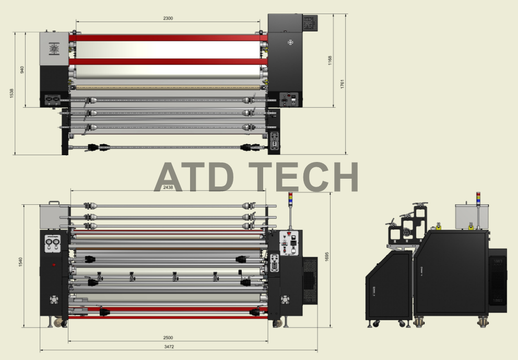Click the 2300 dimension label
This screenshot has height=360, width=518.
(x=168, y=18)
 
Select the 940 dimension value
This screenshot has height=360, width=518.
(x=22, y=69)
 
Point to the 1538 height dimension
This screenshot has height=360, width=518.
(x=12, y=93)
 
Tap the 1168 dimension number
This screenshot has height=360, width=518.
(x=329, y=61)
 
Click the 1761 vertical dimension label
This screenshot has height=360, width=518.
(x=342, y=84)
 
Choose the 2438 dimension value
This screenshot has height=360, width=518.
(x=168, y=188)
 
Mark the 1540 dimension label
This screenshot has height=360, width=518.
(x=21, y=262)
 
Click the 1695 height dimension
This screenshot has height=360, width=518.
(x=327, y=257)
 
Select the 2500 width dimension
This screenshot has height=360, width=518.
(x=168, y=338)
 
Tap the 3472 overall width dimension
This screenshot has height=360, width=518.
(x=169, y=347)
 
